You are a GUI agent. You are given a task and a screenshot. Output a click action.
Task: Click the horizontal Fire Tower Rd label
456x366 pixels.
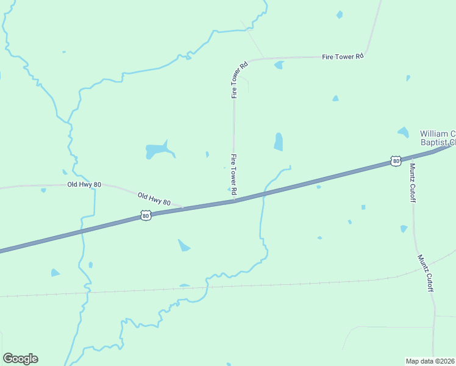coord(343,56)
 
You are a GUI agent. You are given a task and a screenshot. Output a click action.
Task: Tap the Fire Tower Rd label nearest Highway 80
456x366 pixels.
coord(233,175)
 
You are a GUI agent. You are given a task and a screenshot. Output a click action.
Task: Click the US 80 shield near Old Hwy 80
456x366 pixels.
coord(145,215)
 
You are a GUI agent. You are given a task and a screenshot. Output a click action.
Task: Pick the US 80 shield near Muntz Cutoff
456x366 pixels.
coord(396,161)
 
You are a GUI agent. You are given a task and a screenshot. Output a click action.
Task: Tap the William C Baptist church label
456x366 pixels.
coord(437,138)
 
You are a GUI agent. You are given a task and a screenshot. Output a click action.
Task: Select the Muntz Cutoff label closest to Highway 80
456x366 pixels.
coord(413,182)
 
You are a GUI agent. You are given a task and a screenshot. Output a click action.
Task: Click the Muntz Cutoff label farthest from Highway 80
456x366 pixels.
coord(425,273)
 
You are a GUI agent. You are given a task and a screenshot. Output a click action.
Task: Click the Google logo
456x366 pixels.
coord(20,359)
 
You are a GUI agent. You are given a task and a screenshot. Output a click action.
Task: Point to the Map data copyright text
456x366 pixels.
coord(430,361)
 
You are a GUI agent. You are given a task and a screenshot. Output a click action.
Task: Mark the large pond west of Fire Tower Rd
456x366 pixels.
coord(157,149)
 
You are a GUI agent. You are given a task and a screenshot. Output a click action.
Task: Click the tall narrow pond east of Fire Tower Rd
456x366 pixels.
coord(279,142)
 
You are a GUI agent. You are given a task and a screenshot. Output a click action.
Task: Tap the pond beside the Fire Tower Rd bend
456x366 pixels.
coord(279,65)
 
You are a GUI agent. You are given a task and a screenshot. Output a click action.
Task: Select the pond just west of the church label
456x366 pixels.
coord(403,132)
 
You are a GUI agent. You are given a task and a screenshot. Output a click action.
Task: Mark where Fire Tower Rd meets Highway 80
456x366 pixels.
coord(234,201)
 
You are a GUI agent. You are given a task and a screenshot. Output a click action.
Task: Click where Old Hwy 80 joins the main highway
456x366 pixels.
coord(183,208)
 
